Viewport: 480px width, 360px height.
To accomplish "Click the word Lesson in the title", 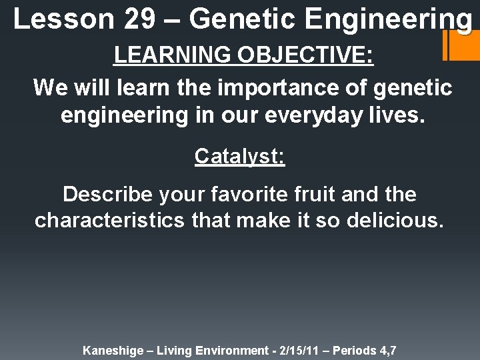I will click(x=63, y=20).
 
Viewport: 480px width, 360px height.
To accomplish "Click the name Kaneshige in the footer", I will click(x=111, y=349).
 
